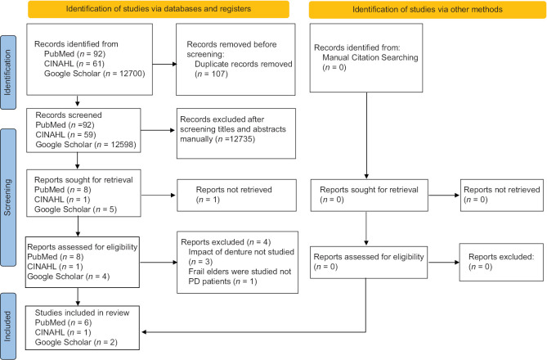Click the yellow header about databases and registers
click(x=159, y=9)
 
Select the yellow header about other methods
click(x=428, y=10)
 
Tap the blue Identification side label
click(x=8, y=72)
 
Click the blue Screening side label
click(x=8, y=197)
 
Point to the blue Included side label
click(x=8, y=326)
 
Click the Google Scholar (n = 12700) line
click(x=94, y=74)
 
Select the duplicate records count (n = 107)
click(x=211, y=74)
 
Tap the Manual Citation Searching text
click(x=370, y=57)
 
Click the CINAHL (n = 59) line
click(x=65, y=135)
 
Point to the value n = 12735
click(x=235, y=139)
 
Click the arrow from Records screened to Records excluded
click(x=158, y=130)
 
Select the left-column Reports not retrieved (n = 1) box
click(x=236, y=196)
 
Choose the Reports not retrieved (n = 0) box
click(x=502, y=196)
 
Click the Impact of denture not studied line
click(x=241, y=252)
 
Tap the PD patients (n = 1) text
click(x=222, y=281)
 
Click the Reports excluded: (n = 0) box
click(x=501, y=263)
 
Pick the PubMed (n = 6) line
click(x=63, y=322)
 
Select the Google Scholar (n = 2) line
click(x=76, y=342)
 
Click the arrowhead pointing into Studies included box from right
click(x=144, y=331)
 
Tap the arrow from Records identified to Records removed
click(x=164, y=64)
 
